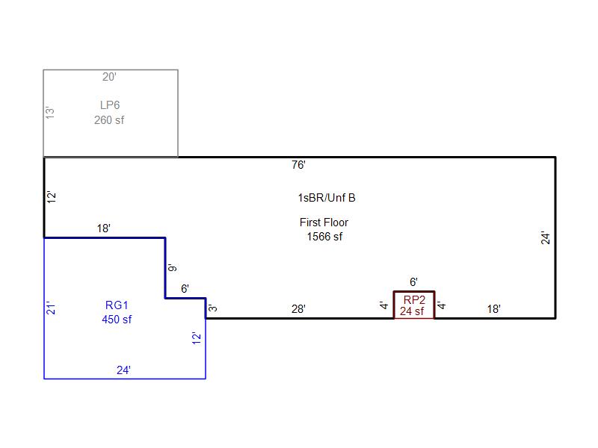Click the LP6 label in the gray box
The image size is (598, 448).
point(110,105)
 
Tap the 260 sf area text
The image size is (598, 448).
point(109,119)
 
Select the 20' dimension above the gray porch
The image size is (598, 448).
point(110,76)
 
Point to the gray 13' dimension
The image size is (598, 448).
point(51,113)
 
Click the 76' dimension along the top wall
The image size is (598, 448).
point(299,165)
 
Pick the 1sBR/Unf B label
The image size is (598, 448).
point(327,198)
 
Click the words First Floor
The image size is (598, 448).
point(324,223)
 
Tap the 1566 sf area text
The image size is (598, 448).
point(324,237)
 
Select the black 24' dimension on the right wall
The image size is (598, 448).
point(546,237)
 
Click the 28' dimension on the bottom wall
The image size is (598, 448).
point(298,308)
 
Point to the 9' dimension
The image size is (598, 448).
point(173,268)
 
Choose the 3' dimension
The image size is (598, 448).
point(213,308)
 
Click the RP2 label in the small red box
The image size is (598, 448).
point(414,299)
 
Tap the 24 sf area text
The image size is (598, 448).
point(412,311)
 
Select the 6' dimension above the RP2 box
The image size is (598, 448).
point(413,281)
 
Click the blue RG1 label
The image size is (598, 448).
point(117,305)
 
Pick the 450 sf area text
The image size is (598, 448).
point(117,320)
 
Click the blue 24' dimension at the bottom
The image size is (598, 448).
point(124,369)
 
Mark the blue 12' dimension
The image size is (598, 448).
point(197,338)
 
